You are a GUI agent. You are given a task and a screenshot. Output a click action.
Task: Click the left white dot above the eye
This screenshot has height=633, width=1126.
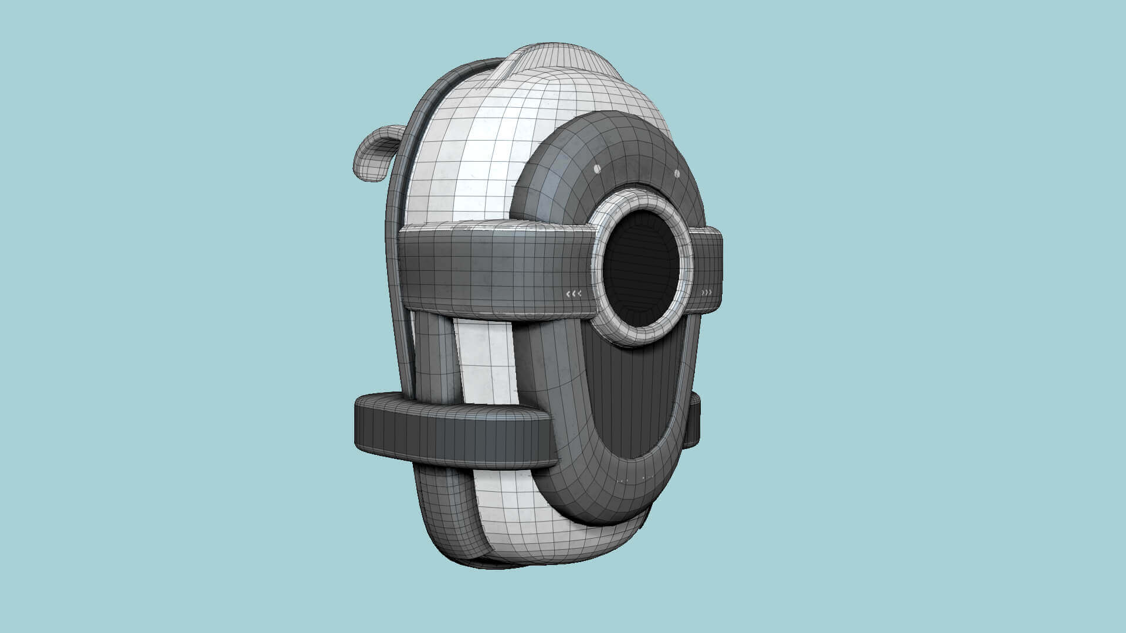597,169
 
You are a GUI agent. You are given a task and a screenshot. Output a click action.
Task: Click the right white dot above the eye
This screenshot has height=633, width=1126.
676,173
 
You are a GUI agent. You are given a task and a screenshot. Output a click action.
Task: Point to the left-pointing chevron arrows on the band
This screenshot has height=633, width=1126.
573,294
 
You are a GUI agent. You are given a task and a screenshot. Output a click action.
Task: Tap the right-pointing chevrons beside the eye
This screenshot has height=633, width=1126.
707,292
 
